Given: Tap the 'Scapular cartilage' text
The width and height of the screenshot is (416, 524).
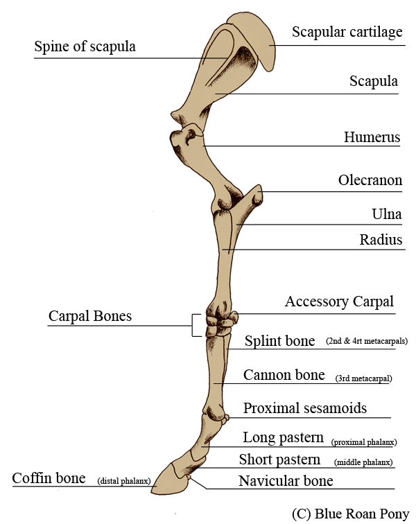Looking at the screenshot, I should coord(347,33).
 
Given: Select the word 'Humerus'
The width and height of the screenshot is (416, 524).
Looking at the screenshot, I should coord(372,137).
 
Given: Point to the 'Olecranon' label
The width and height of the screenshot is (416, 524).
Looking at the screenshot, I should coord(370,181).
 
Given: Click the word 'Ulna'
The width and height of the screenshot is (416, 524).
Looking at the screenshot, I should coord(387,214).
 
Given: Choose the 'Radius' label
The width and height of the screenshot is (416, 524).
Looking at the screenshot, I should coord(381,240).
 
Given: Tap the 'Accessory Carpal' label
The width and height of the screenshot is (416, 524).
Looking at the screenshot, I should coord(339,302).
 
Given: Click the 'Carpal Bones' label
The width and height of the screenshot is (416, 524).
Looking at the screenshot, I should coord(89,317).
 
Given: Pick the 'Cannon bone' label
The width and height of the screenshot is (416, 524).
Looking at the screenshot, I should coord(284,376).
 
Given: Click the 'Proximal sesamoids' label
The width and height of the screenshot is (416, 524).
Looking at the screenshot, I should coord(304,408).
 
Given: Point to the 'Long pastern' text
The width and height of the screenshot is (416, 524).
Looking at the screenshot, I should coord(283,438).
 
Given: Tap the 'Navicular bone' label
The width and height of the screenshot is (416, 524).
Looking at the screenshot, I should coord(286,481).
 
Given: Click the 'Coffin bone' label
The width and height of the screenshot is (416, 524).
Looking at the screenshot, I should coord(49,479).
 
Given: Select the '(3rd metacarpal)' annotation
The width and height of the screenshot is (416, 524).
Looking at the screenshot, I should coord(363,379).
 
